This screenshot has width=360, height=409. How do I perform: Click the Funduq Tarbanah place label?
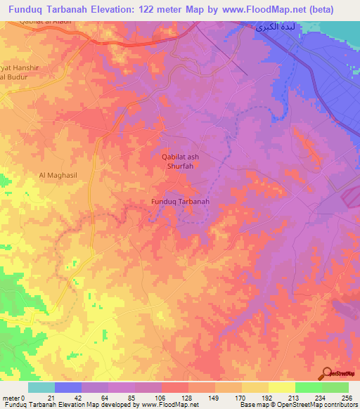(x=181, y=202)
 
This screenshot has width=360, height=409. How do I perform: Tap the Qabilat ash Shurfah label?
(x=176, y=162)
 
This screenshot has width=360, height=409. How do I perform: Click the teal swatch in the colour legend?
(x=41, y=387)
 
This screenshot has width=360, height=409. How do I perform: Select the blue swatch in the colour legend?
(x=68, y=387)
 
